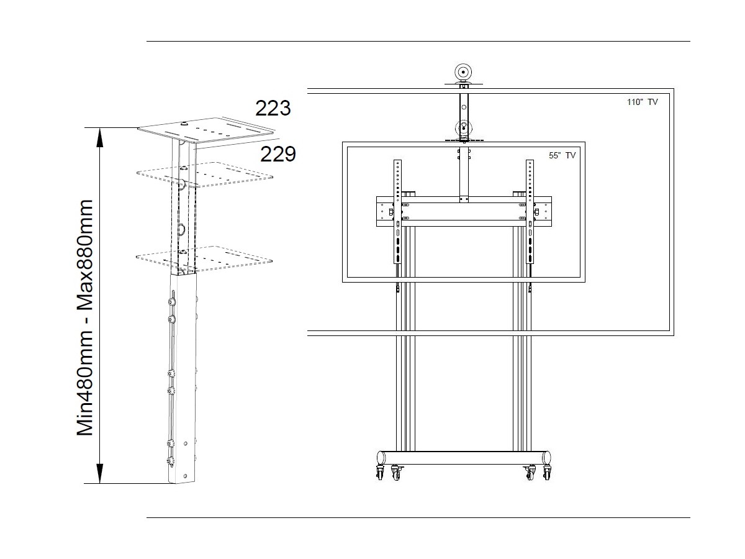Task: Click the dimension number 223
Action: click(x=273, y=108)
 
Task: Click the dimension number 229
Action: click(x=278, y=154)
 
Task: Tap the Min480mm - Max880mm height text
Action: click(x=85, y=317)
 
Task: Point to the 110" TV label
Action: click(x=642, y=102)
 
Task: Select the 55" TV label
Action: click(x=562, y=155)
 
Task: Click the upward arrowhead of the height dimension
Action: click(x=99, y=137)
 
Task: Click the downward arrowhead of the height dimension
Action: click(x=99, y=473)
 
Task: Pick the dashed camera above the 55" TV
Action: click(x=464, y=129)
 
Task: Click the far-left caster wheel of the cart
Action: click(x=380, y=472)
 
